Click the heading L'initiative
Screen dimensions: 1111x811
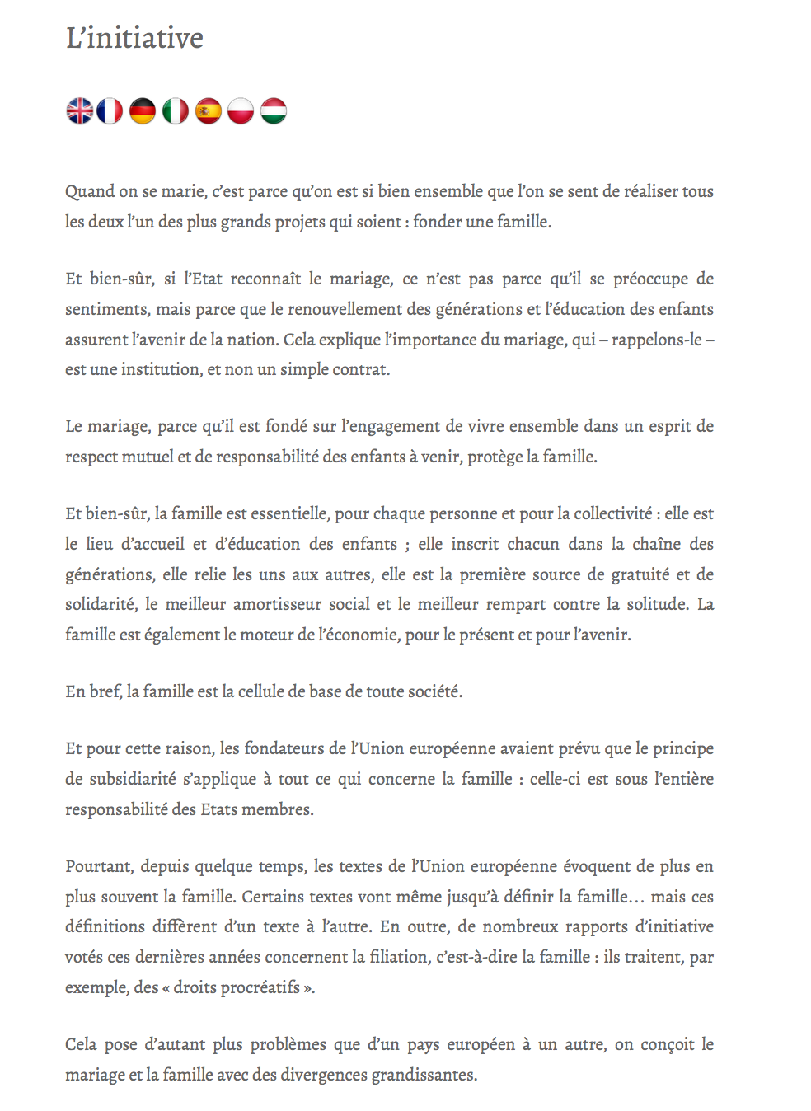(134, 39)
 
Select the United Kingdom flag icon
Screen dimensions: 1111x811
(80, 110)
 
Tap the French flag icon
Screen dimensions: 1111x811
(110, 110)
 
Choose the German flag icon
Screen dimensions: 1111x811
(143, 110)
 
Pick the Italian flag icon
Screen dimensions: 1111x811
(175, 110)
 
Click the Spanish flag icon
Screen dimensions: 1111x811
(208, 110)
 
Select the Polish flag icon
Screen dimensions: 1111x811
(241, 110)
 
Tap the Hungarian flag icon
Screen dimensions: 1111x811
(274, 110)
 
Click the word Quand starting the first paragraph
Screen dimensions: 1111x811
(90, 192)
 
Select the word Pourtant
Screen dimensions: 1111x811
(99, 867)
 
